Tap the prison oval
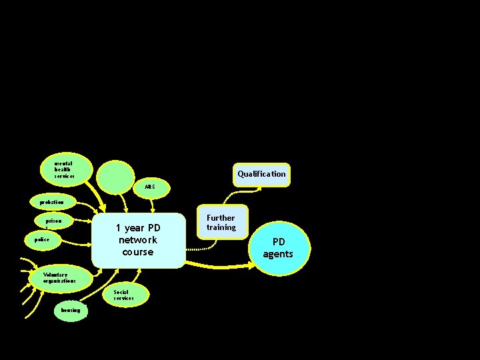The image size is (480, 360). pyautogui.click(x=54, y=220)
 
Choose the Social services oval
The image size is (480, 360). pyautogui.click(x=123, y=295)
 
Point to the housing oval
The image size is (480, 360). pyautogui.click(x=70, y=310)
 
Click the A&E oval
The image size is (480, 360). pyautogui.click(x=150, y=187)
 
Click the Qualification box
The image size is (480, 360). pyautogui.click(x=261, y=174)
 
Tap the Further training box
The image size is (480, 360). pyautogui.click(x=220, y=223)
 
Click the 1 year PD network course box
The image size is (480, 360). pyautogui.click(x=138, y=240)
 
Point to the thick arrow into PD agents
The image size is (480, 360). pyautogui.click(x=220, y=265)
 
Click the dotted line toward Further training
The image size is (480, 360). pyautogui.click(x=200, y=249)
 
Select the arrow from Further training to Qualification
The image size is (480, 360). pyautogui.click(x=233, y=193)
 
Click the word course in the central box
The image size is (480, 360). pyautogui.click(x=138, y=252)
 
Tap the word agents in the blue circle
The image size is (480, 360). pyautogui.click(x=277, y=254)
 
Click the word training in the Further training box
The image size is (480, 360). pyautogui.click(x=221, y=227)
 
